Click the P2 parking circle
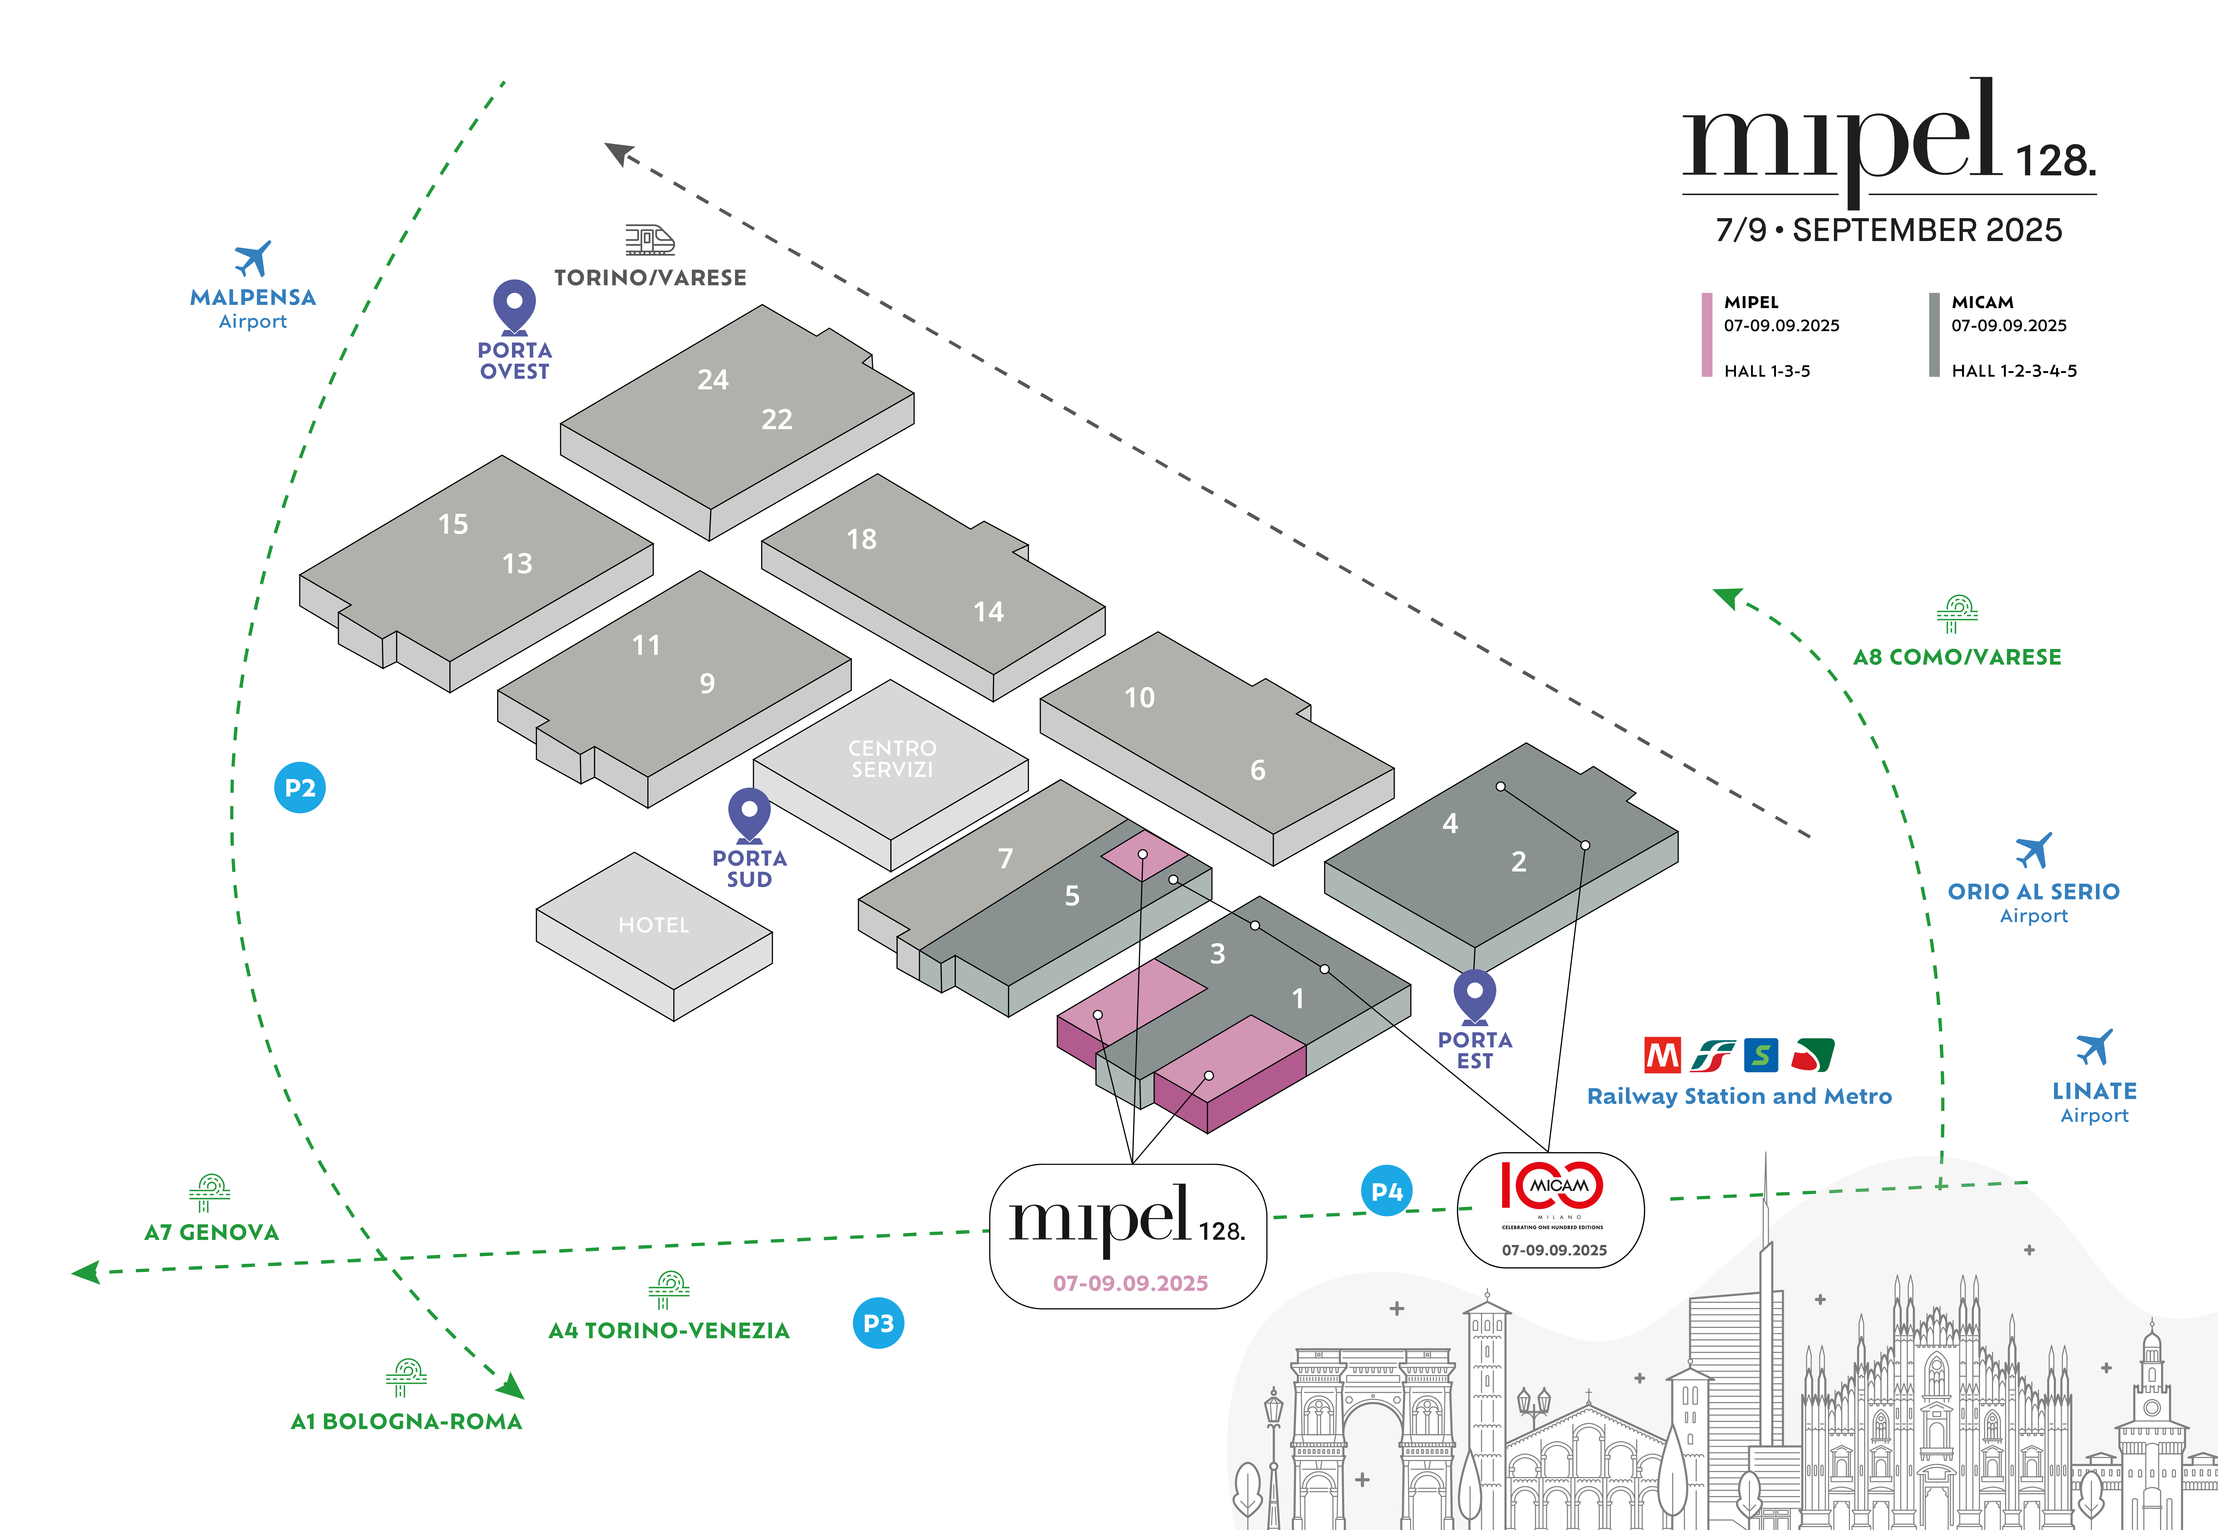pos(300,788)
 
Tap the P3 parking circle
pos(878,1323)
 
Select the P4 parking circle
pos(1387,1191)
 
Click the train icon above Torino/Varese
pos(650,240)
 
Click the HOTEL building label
pos(654,925)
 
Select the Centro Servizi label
pos(892,758)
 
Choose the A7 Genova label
pos(212,1232)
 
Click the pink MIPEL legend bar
pos(1707,335)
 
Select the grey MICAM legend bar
pos(1934,335)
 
